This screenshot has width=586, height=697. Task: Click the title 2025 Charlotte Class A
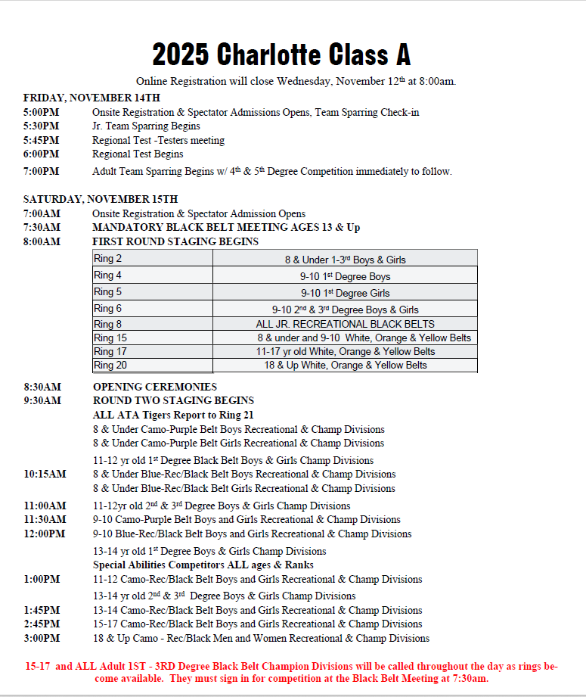click(281, 54)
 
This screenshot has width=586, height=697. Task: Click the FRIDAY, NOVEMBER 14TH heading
click(91, 98)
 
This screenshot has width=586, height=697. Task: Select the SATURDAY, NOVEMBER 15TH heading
click(101, 199)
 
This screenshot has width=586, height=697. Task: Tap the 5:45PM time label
click(41, 140)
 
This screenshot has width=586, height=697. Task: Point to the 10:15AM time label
click(45, 475)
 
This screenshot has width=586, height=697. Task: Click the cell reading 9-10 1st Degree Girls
click(345, 293)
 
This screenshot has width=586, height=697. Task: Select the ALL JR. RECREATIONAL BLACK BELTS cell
click(345, 324)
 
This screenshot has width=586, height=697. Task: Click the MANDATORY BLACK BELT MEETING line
click(226, 227)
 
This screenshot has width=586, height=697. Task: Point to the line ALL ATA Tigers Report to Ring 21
click(173, 415)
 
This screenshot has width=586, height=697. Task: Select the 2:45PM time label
click(42, 624)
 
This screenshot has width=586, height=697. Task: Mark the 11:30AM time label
click(45, 520)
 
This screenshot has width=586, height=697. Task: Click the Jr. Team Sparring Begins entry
click(146, 126)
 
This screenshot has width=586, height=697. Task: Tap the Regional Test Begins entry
click(138, 154)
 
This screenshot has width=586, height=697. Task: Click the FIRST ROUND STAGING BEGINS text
click(175, 241)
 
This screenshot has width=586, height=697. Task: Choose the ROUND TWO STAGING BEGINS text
click(173, 400)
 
